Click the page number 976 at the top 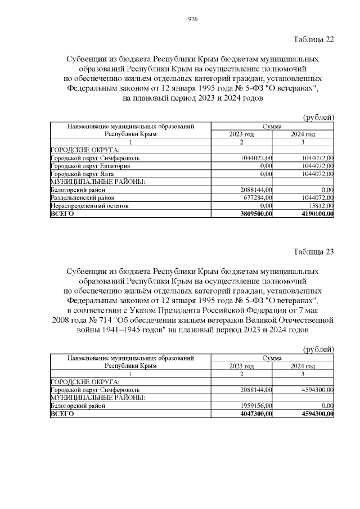(192, 19)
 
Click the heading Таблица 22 (313, 39)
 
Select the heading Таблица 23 (313, 251)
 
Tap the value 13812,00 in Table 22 (318, 206)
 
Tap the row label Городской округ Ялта (78, 174)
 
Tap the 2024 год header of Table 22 (303, 134)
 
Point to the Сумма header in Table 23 (272, 357)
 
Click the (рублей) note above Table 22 (318, 117)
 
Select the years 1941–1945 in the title (121, 330)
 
